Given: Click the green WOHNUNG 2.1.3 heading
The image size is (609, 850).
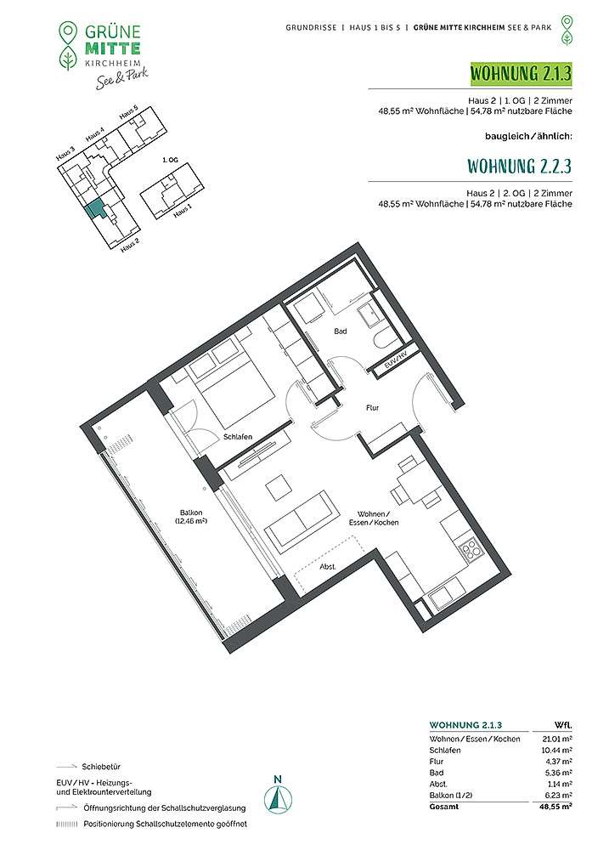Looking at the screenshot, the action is click(x=521, y=73).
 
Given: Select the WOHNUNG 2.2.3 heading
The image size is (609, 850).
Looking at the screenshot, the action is click(x=519, y=166).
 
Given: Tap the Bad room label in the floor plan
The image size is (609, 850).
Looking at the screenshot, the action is click(x=341, y=331).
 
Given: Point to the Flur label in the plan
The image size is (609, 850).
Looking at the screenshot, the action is click(x=372, y=408).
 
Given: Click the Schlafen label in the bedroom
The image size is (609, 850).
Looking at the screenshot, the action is click(x=238, y=437).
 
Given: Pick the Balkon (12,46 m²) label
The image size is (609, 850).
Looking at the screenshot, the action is click(x=191, y=517).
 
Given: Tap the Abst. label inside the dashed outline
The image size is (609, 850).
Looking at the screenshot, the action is click(x=327, y=567).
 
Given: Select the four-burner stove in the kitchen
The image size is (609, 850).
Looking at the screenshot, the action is click(x=469, y=548).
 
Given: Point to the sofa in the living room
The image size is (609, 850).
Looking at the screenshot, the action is click(x=300, y=518).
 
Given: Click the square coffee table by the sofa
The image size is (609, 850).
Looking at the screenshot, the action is click(x=278, y=485).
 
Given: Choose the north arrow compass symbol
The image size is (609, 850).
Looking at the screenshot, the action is click(x=278, y=802).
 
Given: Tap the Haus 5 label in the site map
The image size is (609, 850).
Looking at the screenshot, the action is click(x=129, y=113).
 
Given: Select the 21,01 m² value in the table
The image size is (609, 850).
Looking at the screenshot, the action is click(x=557, y=739).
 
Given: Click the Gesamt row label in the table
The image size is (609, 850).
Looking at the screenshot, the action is click(x=443, y=807).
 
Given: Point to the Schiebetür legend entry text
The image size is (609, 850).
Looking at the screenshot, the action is click(x=101, y=767).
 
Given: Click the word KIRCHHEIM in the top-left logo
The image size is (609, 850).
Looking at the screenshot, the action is click(x=113, y=64).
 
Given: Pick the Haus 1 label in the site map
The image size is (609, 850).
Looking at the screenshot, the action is click(x=183, y=210).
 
